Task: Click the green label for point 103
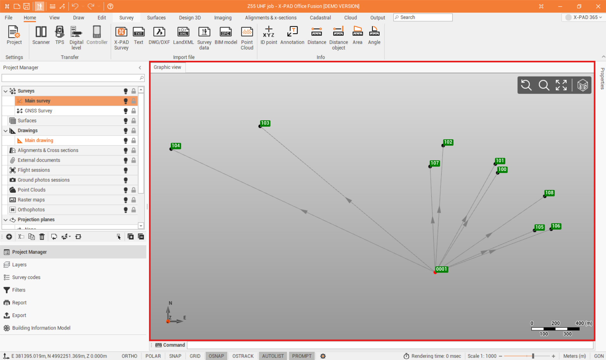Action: [265, 123]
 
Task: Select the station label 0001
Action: [442, 269]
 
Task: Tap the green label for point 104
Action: [176, 146]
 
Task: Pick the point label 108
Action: [549, 193]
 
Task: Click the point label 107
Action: [435, 163]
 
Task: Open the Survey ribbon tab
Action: [126, 18]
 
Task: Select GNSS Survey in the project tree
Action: [39, 111]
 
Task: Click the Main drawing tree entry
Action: [39, 140]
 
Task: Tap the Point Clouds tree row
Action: [32, 190]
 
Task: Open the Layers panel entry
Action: [19, 265]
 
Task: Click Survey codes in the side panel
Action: [26, 277]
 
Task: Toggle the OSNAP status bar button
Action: [216, 356]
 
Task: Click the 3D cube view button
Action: [583, 85]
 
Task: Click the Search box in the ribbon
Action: [423, 17]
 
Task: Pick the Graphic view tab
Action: [167, 67]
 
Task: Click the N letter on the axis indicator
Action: [170, 303]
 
